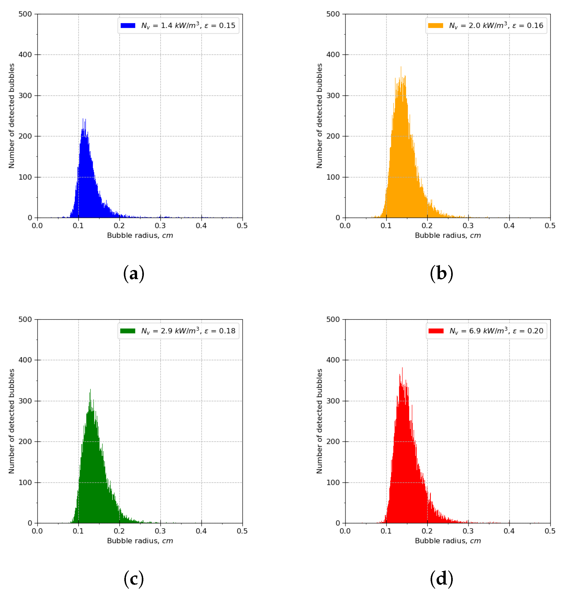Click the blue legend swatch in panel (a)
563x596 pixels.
(128, 26)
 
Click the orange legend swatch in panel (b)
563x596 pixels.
(436, 26)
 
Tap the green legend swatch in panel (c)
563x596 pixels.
(128, 331)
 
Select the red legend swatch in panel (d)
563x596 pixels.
(436, 331)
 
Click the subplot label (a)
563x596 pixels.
(134, 274)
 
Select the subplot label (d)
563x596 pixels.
(442, 579)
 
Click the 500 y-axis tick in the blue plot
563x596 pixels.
(25, 14)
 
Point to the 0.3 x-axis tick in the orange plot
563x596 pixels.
(468, 226)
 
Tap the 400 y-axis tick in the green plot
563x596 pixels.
(25, 360)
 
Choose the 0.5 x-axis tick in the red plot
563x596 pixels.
(550, 531)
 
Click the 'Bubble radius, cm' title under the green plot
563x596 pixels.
(140, 541)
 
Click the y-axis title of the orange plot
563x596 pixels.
(319, 116)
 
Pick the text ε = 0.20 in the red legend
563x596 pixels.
(528, 331)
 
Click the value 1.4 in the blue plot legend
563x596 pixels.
(167, 26)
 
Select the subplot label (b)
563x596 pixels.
(442, 274)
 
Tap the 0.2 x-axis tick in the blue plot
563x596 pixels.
(119, 226)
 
